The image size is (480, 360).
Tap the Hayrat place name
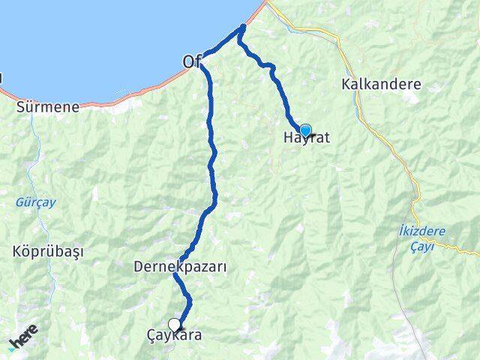click(x=307, y=139)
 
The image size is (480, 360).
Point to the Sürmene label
click(x=48, y=107)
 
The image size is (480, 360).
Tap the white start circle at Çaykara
click(x=175, y=325)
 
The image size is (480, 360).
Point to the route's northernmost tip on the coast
click(x=242, y=28)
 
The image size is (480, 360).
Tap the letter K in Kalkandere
click(x=345, y=84)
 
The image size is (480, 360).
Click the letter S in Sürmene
click(x=20, y=107)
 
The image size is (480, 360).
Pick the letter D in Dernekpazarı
click(x=138, y=266)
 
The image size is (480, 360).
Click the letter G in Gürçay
click(x=19, y=202)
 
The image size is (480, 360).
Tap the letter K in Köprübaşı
click(x=16, y=250)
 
